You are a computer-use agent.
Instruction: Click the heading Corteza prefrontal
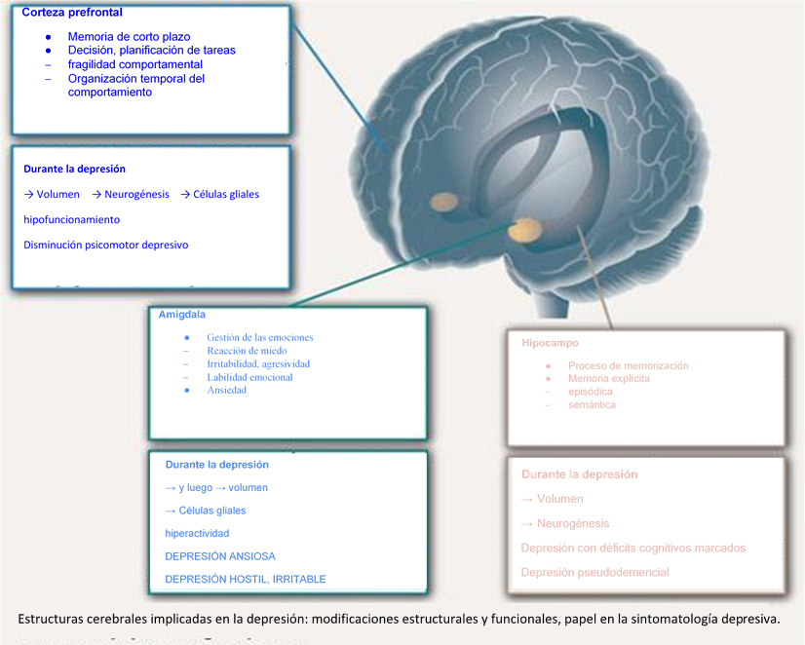coord(72,13)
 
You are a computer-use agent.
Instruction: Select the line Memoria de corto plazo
coord(129,37)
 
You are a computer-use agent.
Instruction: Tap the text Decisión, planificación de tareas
coord(151,51)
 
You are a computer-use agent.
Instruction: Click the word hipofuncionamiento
coord(71,219)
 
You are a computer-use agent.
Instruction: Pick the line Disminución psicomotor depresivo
coord(105,245)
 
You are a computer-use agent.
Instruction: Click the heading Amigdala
coord(182,315)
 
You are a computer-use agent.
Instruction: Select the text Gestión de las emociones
coord(260,338)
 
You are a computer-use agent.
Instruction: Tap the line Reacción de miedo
coord(247,351)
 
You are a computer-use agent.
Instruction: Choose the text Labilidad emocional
coord(249,377)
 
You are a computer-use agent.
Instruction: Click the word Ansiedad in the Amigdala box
coord(226,390)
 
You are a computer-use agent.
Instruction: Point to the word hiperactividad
coord(197,533)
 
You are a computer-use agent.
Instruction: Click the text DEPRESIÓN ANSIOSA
coord(220,556)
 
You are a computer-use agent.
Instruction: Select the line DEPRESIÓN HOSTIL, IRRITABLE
coord(246,579)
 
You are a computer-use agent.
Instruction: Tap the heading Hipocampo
coord(550,343)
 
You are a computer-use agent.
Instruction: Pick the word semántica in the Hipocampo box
coord(592,404)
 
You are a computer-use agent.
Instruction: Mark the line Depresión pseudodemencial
coord(595,572)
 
